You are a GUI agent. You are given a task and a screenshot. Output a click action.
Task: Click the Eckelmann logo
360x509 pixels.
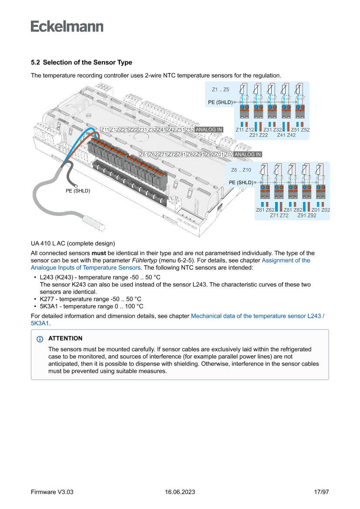(67, 26)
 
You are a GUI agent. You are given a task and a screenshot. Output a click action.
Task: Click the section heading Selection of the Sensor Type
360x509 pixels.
(81, 63)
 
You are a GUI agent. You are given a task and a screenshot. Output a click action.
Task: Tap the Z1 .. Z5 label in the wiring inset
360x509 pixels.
(220, 90)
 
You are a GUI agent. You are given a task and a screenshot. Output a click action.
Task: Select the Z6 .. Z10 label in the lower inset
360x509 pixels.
(241, 170)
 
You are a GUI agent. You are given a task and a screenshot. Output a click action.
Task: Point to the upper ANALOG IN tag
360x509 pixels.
(209, 130)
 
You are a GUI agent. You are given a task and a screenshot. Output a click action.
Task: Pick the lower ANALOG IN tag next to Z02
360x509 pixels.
(248, 154)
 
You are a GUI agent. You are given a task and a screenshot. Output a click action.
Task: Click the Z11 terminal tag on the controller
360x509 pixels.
(104, 130)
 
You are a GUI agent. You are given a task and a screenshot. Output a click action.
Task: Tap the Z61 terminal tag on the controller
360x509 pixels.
(144, 154)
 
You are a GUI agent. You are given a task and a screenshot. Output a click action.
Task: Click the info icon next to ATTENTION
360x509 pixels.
(40, 339)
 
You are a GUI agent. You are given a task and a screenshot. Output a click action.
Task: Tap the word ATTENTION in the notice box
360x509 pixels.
(65, 338)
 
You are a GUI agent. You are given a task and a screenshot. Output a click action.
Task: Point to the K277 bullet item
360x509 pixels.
(91, 299)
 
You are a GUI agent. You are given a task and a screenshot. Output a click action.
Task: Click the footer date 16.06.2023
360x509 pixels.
(180, 492)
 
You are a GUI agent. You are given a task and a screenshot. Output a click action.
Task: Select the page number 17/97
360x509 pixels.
(321, 492)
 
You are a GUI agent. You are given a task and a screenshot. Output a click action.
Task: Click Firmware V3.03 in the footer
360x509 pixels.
(52, 492)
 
